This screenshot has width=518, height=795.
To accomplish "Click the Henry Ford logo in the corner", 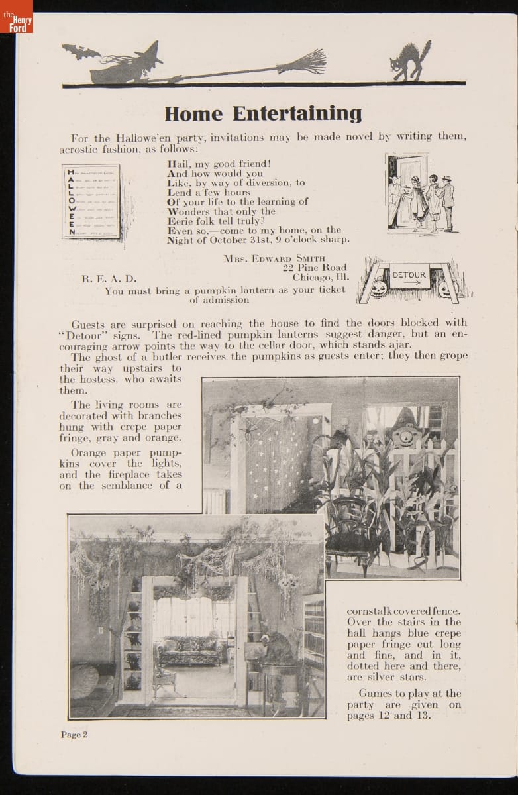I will [x=16, y=17].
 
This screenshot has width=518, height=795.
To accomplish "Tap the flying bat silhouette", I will [x=80, y=52].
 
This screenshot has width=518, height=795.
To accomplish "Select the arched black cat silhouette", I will [x=410, y=61].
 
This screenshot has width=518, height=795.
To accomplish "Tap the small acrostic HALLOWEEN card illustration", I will [x=91, y=201].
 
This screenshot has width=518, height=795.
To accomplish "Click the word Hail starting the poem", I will [x=180, y=164].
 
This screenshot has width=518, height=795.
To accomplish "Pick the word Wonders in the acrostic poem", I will [x=191, y=211].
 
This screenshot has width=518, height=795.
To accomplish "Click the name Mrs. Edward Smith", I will [x=285, y=258].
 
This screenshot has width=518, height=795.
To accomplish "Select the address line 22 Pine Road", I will [x=314, y=268].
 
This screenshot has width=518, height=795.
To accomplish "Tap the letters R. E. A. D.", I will [x=109, y=278].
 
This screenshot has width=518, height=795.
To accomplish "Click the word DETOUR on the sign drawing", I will [x=409, y=275].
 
